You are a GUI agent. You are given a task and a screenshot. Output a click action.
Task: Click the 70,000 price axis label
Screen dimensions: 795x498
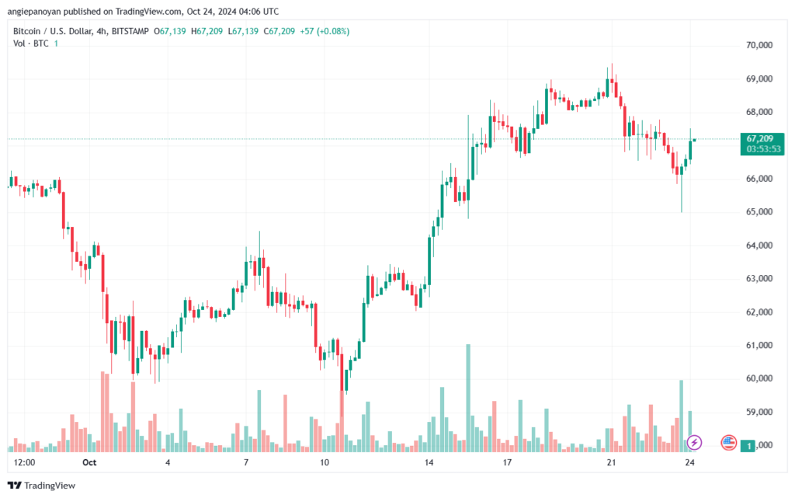[759, 45]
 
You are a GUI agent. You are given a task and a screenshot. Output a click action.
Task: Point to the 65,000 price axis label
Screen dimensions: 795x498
[759, 211]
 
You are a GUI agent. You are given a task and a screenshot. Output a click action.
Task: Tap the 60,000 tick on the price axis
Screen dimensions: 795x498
[759, 378]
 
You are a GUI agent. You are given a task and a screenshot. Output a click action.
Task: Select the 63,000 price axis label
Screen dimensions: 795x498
[759, 278]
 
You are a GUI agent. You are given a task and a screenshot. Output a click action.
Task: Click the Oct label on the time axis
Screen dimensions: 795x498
[89, 462]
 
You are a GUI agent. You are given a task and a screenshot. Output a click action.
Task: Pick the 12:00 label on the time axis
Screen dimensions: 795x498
[24, 462]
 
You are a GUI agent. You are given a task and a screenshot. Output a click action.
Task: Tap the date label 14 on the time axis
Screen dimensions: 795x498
[429, 462]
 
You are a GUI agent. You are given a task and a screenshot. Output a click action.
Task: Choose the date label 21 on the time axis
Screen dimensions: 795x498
[611, 462]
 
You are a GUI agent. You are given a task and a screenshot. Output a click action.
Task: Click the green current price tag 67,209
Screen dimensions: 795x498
[760, 138]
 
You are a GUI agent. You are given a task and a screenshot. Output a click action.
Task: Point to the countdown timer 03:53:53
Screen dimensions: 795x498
[763, 149]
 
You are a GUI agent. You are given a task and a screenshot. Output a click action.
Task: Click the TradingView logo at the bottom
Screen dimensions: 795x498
[42, 486]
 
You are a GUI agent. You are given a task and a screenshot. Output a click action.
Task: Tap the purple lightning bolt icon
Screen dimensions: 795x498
[694, 443]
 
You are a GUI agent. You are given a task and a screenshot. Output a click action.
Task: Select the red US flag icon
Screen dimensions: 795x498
[728, 443]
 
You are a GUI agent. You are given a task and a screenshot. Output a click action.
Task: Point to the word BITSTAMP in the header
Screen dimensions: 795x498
[130, 31]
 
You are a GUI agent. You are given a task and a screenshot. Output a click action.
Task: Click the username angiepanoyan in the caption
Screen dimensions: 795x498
[34, 11]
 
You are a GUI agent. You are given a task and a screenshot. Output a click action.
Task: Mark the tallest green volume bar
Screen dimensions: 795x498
[468, 398]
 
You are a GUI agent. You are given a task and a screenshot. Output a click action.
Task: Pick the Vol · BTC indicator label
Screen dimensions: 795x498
[31, 44]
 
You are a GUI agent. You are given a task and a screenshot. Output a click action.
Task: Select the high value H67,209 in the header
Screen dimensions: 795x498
[207, 31]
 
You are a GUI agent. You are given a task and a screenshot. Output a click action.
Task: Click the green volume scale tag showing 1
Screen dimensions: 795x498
[748, 446]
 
